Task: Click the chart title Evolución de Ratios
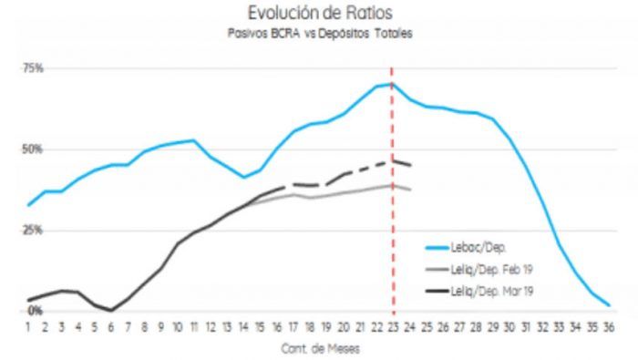pos(320,13)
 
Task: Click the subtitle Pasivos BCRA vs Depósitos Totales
pos(320,34)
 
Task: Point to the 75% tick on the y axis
pos(33,68)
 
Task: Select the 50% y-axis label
pos(33,149)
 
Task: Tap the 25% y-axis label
pos(33,231)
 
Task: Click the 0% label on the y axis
pos(35,311)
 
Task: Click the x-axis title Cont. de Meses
pos(320,349)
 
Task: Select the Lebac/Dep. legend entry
pos(466,247)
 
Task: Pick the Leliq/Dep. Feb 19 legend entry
pos(478,269)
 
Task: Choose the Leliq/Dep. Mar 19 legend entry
pos(478,292)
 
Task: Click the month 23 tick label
pos(393,327)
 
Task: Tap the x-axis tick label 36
pos(609,327)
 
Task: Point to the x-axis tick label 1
pos(28,327)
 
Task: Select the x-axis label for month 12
pos(211,327)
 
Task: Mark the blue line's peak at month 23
pos(392,84)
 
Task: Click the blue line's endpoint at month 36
pos(609,305)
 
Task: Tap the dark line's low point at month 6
pos(110,311)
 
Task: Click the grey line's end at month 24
pos(411,190)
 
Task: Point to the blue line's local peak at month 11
pos(193,140)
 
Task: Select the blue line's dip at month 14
pos(243,177)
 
